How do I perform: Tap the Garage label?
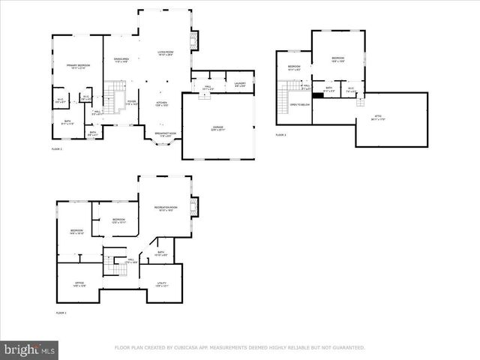click(x=217, y=128)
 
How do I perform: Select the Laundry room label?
click(x=240, y=85)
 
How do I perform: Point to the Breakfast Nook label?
click(x=165, y=134)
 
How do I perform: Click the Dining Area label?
click(x=121, y=59)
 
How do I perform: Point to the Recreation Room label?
click(x=166, y=208)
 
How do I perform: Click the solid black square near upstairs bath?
click(x=318, y=95)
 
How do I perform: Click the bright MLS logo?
click(x=30, y=349)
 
